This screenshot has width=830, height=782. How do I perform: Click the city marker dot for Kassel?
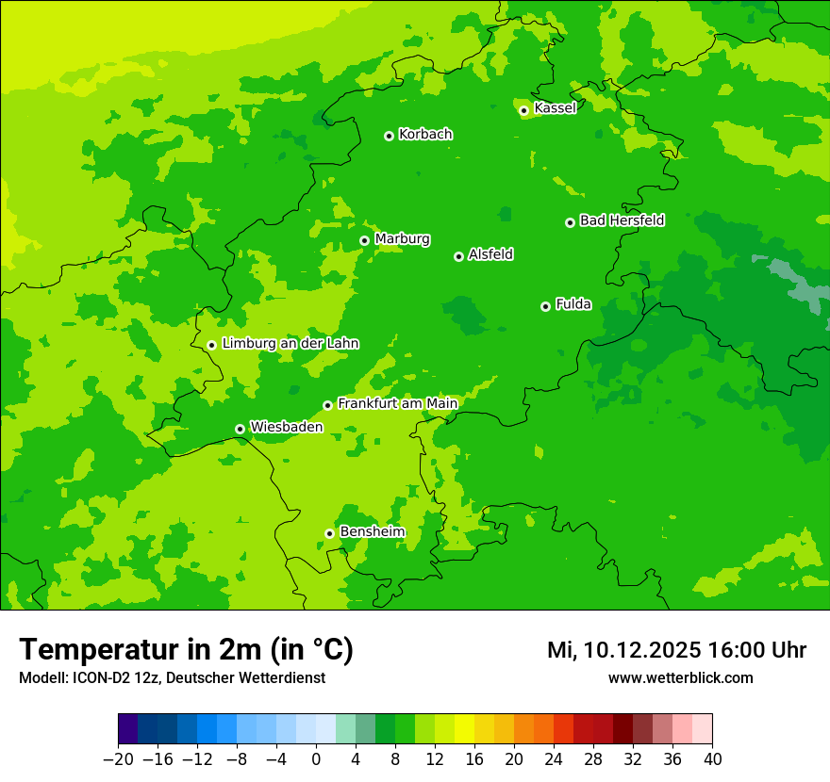pyautogui.click(x=523, y=110)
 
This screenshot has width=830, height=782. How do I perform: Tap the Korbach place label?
pyautogui.click(x=425, y=134)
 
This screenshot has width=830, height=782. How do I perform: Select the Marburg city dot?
pyautogui.click(x=364, y=240)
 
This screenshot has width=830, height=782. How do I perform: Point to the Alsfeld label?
pyautogui.click(x=490, y=254)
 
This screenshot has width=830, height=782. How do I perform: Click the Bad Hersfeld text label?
pyautogui.click(x=622, y=220)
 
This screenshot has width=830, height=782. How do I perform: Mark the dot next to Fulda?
pyautogui.click(x=545, y=306)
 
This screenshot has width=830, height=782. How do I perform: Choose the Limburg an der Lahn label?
pyautogui.click(x=290, y=343)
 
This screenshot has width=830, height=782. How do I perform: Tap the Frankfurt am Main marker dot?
pyautogui.click(x=327, y=405)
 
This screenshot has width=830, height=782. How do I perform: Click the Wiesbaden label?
pyautogui.click(x=286, y=427)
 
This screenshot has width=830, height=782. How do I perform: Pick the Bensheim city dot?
pyautogui.click(x=329, y=533)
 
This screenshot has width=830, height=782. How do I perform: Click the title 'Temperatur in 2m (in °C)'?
pyautogui.click(x=186, y=649)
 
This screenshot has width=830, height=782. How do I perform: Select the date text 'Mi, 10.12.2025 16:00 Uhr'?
pyautogui.click(x=676, y=650)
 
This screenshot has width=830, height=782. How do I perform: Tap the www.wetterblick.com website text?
pyautogui.click(x=680, y=677)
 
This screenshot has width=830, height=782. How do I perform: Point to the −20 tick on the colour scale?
pyautogui.click(x=118, y=759)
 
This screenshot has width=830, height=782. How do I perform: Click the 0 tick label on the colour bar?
pyautogui.click(x=316, y=759)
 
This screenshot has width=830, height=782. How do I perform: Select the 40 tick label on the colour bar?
pyautogui.click(x=712, y=759)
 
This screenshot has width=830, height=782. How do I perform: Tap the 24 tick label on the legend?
pyautogui.click(x=554, y=759)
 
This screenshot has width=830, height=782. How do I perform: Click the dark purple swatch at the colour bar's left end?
pyautogui.click(x=128, y=729)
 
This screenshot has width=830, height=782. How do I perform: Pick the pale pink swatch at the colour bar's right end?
pyautogui.click(x=703, y=729)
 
